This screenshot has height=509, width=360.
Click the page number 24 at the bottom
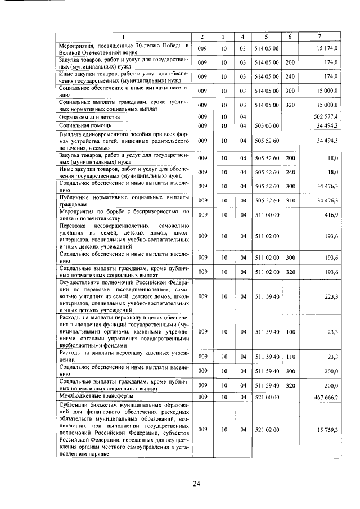pyautogui.click(x=197, y=483)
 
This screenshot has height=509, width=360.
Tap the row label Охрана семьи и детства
pyautogui.click(x=85, y=116)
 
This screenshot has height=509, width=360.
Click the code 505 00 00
pyautogui.click(x=267, y=125)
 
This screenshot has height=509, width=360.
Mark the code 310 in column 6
pyautogui.click(x=290, y=200)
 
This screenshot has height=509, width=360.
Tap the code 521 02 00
pyautogui.click(x=267, y=430)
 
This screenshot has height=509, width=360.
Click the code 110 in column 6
pyautogui.click(x=290, y=357)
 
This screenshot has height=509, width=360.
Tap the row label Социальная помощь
pyautogui.click(x=82, y=125)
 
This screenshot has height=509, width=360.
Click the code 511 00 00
pyautogui.click(x=267, y=214)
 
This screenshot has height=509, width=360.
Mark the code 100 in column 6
pyautogui.click(x=290, y=332)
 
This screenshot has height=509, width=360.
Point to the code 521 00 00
pyautogui.click(x=267, y=397)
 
